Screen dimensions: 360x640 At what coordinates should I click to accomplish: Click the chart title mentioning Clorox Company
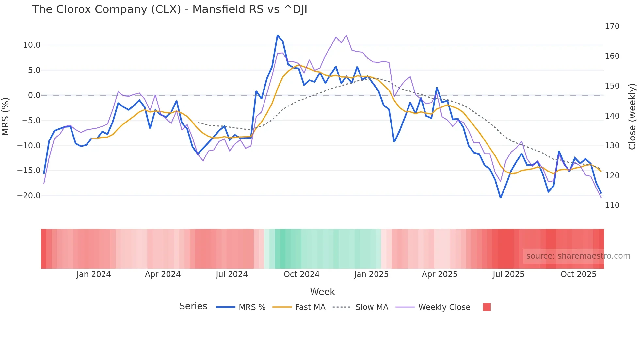169,9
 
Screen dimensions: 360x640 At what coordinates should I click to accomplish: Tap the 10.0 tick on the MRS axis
32,45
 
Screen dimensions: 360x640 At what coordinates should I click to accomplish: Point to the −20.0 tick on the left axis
29,196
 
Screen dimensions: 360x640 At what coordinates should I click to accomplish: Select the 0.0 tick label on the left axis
34,95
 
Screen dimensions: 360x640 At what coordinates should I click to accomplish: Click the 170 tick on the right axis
612,26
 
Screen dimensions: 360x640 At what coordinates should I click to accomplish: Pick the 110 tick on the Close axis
612,205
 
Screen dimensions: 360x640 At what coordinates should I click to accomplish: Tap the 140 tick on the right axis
612,116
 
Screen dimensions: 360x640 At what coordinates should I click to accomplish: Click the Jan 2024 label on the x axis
94,274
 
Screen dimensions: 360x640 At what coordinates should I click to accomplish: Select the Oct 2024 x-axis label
301,274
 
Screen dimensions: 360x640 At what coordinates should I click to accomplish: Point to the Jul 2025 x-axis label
508,274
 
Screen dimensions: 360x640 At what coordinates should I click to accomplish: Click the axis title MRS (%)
6,116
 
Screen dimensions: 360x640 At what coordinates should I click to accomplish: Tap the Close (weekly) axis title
632,117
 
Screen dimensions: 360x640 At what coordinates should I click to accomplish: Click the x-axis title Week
322,292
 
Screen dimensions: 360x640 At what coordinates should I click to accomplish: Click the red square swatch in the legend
487,307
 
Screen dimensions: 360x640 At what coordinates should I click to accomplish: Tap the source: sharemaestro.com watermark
578,256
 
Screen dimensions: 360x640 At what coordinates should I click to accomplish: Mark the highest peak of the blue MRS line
278,35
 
